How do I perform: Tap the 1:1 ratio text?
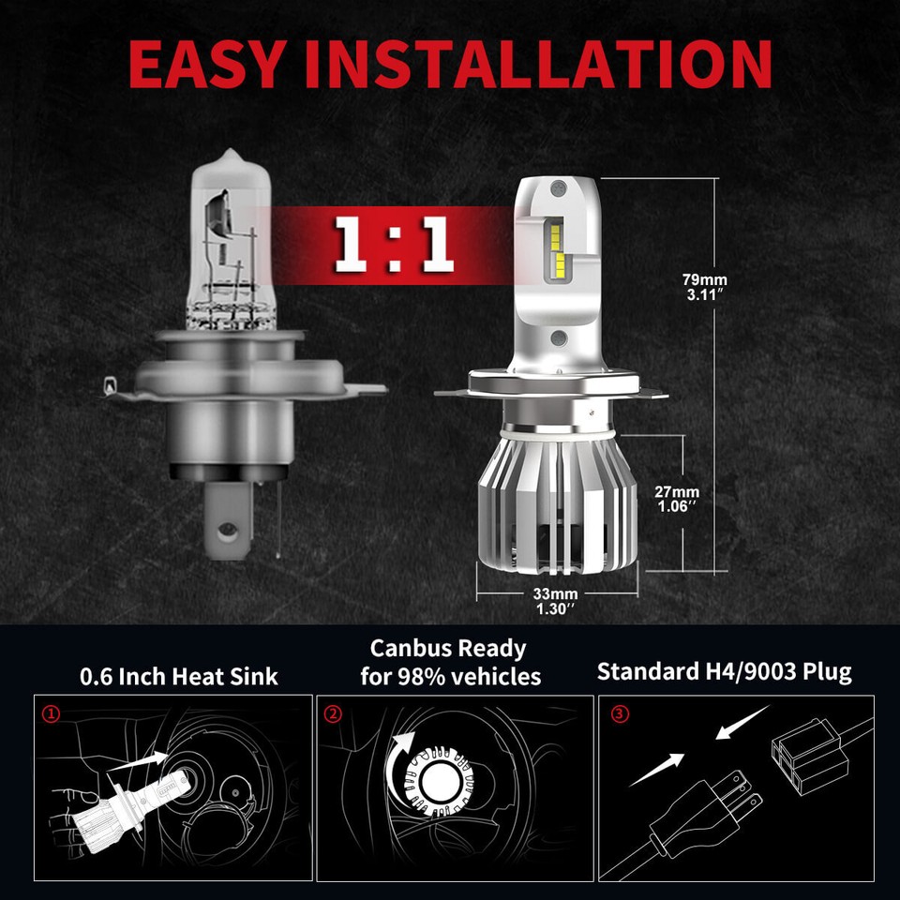point(394,247)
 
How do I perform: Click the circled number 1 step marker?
point(52,714)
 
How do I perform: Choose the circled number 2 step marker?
point(334,714)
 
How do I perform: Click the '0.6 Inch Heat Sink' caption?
point(178,675)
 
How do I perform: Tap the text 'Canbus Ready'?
point(447,649)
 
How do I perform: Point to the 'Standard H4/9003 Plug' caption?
point(724,672)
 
